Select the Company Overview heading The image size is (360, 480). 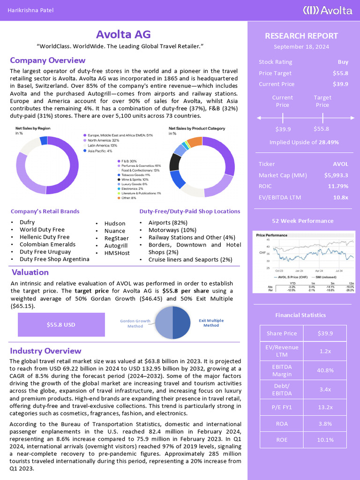coord(47,60)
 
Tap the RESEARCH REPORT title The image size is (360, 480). coord(301,36)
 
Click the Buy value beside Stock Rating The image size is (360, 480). coord(343,62)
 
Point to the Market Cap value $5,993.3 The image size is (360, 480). coord(336,175)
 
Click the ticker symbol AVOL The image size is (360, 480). coord(340,164)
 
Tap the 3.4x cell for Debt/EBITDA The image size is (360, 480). coord(325,389)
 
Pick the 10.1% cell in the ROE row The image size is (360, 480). coord(325,440)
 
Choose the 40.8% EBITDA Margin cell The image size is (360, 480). coord(325,369)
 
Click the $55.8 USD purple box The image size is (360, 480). coord(61,324)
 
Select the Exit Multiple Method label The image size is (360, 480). coord(211,322)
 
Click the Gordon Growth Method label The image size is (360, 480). coord(135,323)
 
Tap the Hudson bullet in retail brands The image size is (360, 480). coord(114,224)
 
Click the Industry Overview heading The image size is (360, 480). coord(45,351)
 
